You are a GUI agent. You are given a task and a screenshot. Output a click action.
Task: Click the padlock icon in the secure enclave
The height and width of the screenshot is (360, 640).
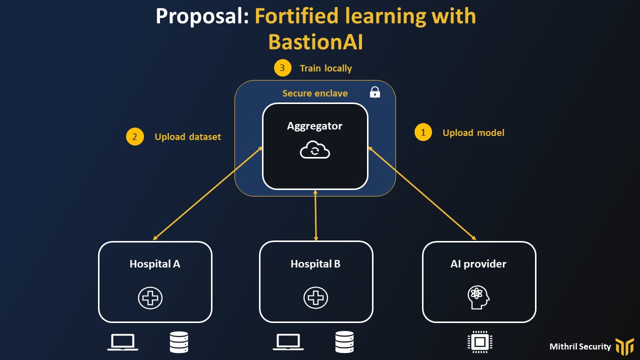[374, 92]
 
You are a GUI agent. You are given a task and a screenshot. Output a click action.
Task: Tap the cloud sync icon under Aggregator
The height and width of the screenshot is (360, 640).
[315, 150]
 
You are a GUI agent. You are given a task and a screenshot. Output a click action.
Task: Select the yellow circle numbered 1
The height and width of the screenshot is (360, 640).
[423, 132]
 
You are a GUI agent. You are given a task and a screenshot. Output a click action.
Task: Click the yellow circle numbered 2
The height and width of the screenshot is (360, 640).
[135, 136]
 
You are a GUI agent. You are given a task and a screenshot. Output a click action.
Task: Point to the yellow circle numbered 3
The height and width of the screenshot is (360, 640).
[282, 68]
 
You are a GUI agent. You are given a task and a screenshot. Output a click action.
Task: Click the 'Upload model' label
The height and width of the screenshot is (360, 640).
[473, 132]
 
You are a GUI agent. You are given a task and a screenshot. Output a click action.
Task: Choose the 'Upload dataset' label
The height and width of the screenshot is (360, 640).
[187, 136]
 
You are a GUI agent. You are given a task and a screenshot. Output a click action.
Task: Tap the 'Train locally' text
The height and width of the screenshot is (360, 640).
[325, 68]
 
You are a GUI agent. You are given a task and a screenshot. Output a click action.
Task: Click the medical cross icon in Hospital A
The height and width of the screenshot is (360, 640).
[150, 298]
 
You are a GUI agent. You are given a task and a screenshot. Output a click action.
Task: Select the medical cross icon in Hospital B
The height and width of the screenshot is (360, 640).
[315, 298]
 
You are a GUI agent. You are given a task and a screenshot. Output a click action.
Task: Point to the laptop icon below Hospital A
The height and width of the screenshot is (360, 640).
[123, 342]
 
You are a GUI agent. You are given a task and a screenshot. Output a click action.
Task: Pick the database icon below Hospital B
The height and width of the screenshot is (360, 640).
[344, 342]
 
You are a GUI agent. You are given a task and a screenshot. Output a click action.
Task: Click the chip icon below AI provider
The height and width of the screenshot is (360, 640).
[479, 342]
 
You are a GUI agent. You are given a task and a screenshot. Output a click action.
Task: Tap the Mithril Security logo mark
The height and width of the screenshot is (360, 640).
[624, 346]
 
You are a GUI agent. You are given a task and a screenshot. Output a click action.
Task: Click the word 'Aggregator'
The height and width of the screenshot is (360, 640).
[314, 126]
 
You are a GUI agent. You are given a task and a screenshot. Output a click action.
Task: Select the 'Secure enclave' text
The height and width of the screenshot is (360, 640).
[315, 93]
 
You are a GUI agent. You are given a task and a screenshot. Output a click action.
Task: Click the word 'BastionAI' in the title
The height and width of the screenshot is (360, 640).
[315, 42]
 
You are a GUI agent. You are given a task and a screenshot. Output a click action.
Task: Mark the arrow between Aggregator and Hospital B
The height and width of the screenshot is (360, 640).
[315, 215]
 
